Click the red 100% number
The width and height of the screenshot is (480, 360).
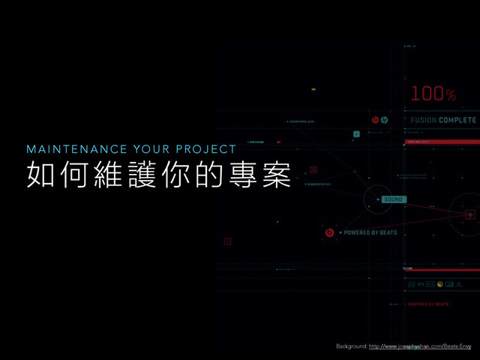point(433,94)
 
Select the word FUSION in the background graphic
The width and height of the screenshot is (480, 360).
point(423,120)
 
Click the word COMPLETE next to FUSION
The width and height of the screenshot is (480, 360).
point(457,120)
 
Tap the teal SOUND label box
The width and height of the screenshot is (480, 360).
point(393,199)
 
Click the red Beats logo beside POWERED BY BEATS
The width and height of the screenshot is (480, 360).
point(329,233)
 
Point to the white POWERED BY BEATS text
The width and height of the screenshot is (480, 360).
point(370,233)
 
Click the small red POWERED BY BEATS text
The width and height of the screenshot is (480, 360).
point(428,304)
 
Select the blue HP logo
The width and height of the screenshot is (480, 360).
point(384,120)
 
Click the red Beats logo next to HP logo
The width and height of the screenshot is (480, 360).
point(375,120)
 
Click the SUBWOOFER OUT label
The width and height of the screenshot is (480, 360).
point(319,184)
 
